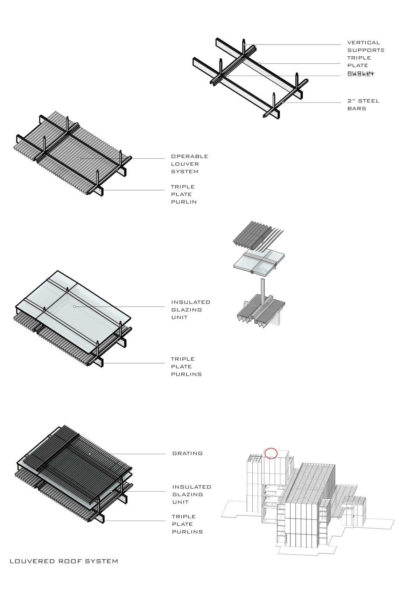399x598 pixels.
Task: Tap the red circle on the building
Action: (x=271, y=453)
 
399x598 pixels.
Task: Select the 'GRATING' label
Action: (x=187, y=454)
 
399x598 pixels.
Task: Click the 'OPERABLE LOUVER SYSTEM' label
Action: (x=189, y=164)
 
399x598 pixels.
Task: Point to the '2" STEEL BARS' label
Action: (x=363, y=105)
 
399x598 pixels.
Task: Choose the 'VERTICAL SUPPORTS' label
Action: (x=365, y=46)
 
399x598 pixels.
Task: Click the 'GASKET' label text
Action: (x=361, y=74)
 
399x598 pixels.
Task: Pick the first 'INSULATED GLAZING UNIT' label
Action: (x=190, y=309)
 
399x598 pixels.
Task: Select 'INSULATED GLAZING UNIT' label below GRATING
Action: (x=191, y=494)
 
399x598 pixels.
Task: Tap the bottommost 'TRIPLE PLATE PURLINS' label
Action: (x=187, y=524)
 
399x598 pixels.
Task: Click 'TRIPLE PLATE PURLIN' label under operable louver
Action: (x=183, y=194)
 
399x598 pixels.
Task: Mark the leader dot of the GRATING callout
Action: (x=90, y=454)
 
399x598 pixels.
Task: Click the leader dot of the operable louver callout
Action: (x=79, y=158)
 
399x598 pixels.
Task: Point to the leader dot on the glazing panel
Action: (x=75, y=307)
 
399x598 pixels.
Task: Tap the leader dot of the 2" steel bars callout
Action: (x=283, y=102)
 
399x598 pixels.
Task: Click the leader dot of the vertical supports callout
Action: (x=245, y=45)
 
